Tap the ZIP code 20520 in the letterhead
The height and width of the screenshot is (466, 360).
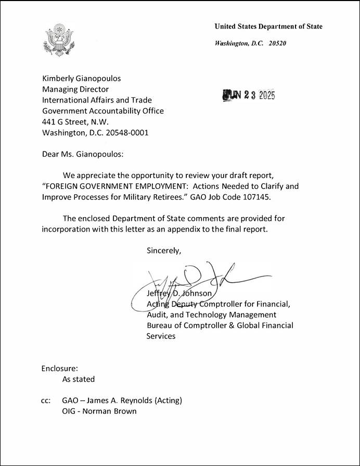(x=277, y=43)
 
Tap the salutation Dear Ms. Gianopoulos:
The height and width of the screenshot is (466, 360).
(x=83, y=154)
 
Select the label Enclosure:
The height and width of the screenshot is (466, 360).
(x=59, y=369)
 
